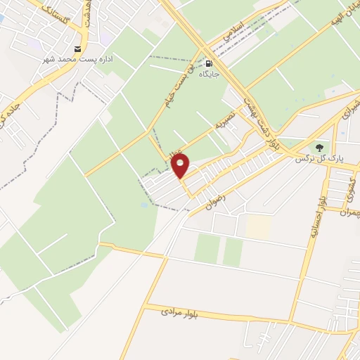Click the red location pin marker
click(181, 167)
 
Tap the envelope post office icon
click(77, 49)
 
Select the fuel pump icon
click(208, 63)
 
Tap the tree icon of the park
click(320, 148)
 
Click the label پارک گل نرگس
click(321, 160)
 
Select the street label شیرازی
click(349, 117)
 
